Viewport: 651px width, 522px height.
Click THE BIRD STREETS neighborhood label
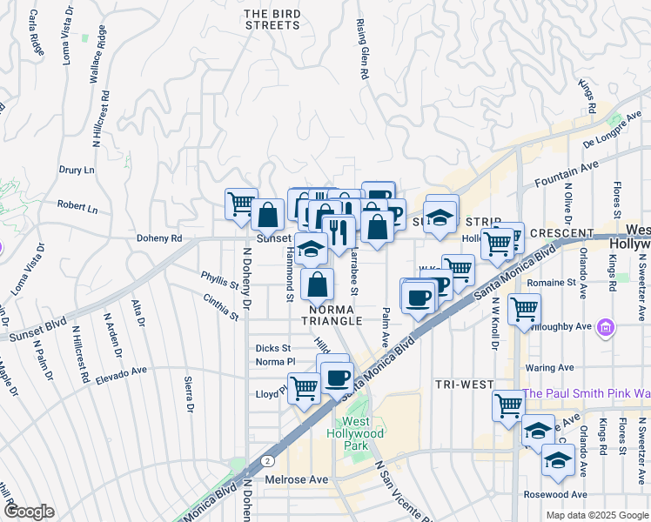tap(272, 19)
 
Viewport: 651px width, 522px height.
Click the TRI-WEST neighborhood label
tap(464, 385)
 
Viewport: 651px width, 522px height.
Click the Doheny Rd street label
tap(158, 238)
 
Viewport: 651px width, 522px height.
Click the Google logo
tap(28, 512)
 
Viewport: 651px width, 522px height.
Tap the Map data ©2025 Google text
tap(596, 515)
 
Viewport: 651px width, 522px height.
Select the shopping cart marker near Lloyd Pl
tap(303, 387)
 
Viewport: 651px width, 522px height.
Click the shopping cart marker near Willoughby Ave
tap(524, 308)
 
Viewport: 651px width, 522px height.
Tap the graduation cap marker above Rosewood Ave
tap(557, 461)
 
